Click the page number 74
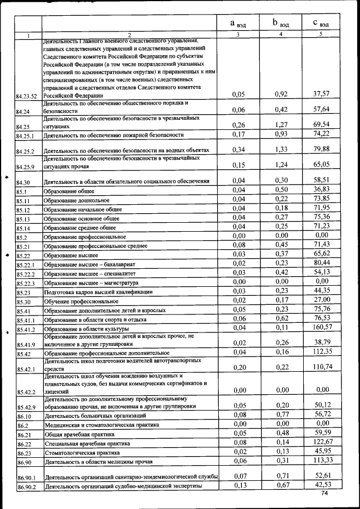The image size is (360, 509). coord(324,493)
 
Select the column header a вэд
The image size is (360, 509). coord(238,23)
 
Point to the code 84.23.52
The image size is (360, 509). coord(26,96)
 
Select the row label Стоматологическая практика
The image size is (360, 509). coord(82,452)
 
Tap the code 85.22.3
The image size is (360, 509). coord(26,282)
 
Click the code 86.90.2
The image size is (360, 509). coord(26,488)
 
